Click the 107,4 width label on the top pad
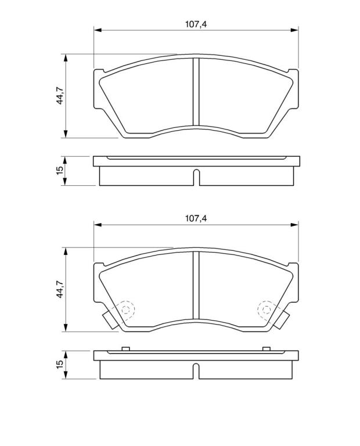click(x=196, y=24)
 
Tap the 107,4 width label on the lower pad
click(x=196, y=218)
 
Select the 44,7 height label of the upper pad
click(x=60, y=95)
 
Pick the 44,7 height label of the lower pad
click(x=60, y=289)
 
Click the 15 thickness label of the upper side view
click(x=60, y=171)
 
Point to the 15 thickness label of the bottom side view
click(x=60, y=364)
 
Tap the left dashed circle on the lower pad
click(x=125, y=310)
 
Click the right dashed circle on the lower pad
click(x=267, y=310)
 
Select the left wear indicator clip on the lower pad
click(x=110, y=319)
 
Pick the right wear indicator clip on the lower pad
click(x=282, y=319)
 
